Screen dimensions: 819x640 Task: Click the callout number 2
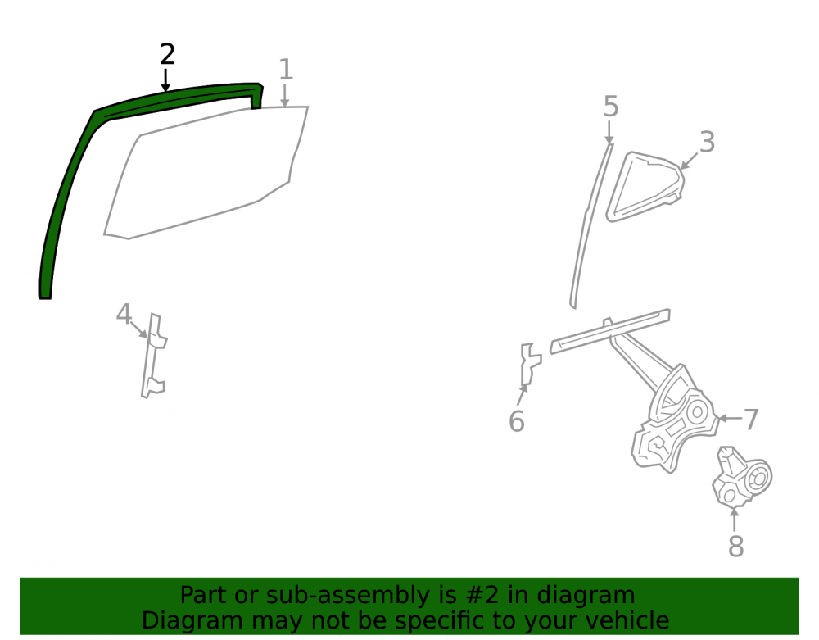(x=167, y=54)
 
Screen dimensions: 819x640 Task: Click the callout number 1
(x=285, y=69)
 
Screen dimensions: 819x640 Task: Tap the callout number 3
(x=707, y=142)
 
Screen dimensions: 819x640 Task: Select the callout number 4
(x=124, y=314)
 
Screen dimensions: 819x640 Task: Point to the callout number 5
(x=611, y=107)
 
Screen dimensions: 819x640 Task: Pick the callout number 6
(x=517, y=421)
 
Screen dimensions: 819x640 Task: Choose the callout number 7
(x=750, y=419)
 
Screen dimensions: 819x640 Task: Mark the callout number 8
(x=735, y=547)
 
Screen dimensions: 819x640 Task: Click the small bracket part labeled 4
(x=153, y=356)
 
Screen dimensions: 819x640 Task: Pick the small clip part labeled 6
(x=530, y=364)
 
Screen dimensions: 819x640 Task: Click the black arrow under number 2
(x=165, y=80)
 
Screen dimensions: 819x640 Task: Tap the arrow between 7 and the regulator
(x=730, y=418)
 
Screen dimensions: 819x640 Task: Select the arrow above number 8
(x=735, y=520)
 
